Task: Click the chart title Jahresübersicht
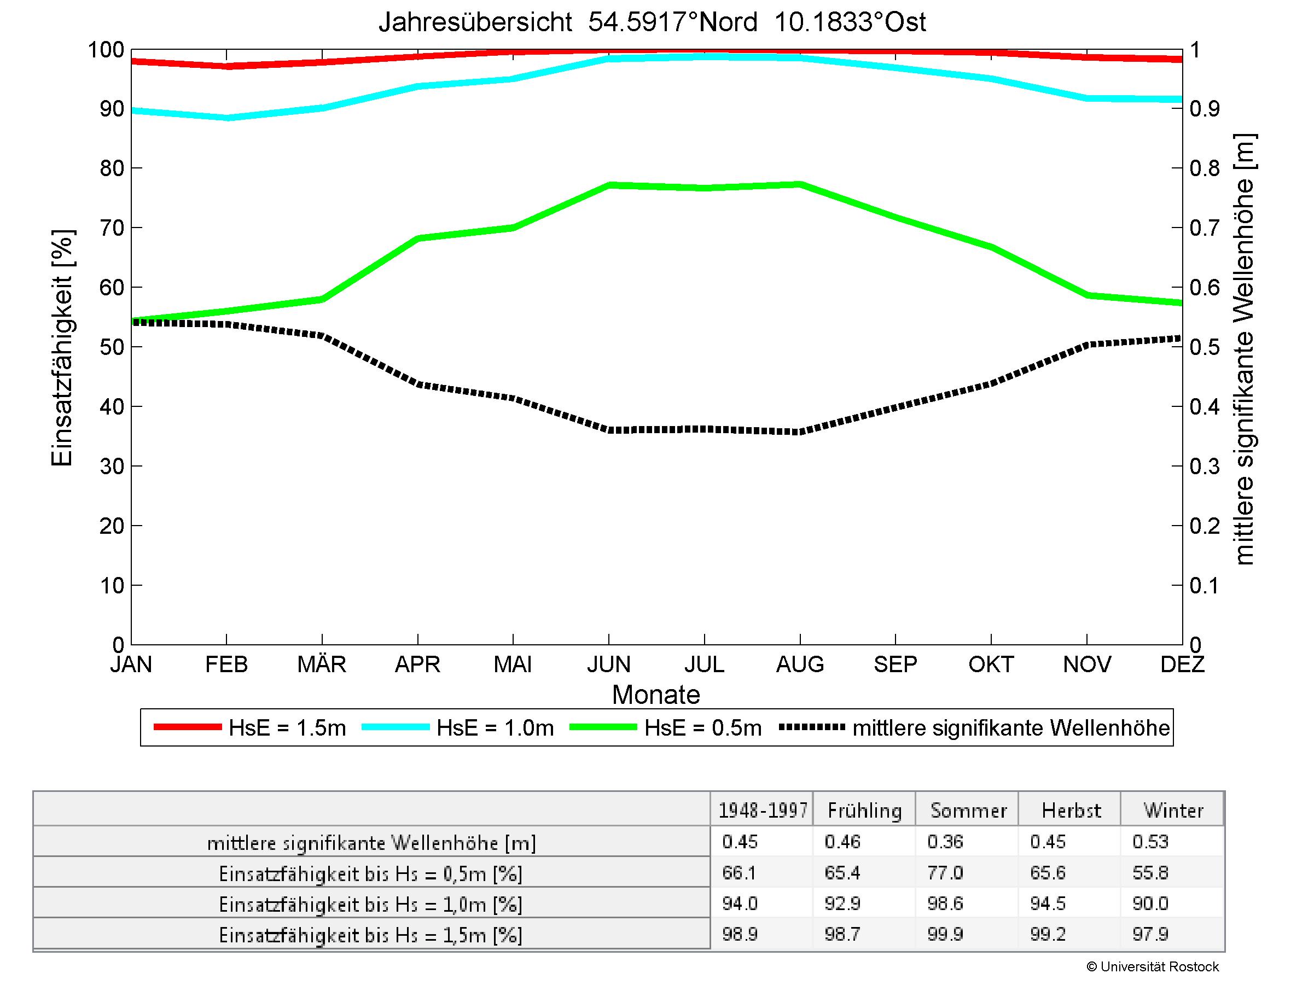coord(652,22)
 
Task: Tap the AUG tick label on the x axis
coord(800,664)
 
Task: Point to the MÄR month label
coord(321,664)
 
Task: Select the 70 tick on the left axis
coord(112,228)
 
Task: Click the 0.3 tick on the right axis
coord(1204,467)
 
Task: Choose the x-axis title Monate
coord(656,695)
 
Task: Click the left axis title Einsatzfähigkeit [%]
coord(62,348)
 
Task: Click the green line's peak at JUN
coord(609,185)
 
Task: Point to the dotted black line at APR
coord(418,384)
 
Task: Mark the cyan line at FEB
coord(227,118)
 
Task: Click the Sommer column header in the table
coord(968,811)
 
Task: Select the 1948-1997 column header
coord(763,811)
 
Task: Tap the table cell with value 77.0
coord(945,873)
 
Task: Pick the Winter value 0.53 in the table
coord(1150,842)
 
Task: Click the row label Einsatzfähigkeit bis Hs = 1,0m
coord(371,904)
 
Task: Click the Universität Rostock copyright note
coord(1153,967)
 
